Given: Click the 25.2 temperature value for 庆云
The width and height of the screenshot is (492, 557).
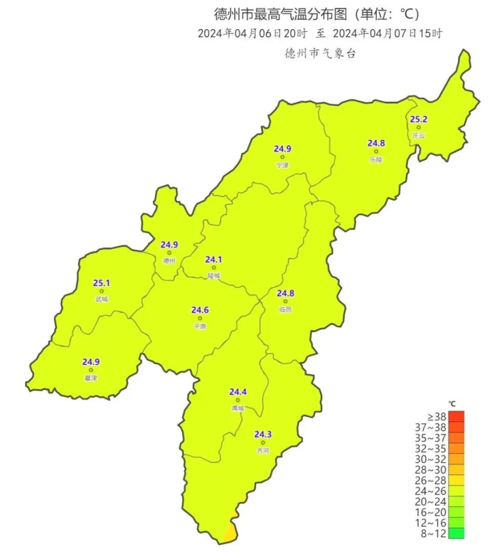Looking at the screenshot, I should pyautogui.click(x=419, y=119).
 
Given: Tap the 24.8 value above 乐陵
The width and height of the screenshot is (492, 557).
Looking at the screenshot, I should pyautogui.click(x=376, y=143).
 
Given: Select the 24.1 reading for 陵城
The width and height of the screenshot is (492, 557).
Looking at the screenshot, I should pyautogui.click(x=214, y=260).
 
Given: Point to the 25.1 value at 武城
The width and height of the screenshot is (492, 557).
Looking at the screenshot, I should pyautogui.click(x=101, y=283).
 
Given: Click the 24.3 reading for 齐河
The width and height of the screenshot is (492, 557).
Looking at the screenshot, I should pyautogui.click(x=263, y=435).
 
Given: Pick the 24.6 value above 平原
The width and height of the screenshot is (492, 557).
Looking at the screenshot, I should pyautogui.click(x=200, y=310).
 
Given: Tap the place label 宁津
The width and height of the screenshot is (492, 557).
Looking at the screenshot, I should pyautogui.click(x=282, y=166).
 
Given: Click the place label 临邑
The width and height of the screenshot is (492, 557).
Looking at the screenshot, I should pyautogui.click(x=285, y=310).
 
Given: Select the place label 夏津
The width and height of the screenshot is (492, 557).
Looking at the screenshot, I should pyautogui.click(x=91, y=378).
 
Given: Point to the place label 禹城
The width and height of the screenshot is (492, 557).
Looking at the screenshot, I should pyautogui.click(x=238, y=408).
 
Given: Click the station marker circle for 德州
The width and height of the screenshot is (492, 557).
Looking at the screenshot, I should pyautogui.click(x=169, y=253).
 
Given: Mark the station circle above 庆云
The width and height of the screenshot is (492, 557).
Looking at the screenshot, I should pyautogui.click(x=419, y=128).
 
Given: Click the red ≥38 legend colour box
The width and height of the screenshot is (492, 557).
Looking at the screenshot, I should pyautogui.click(x=456, y=417).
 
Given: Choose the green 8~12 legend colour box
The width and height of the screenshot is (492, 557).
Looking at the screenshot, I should pyautogui.click(x=456, y=533).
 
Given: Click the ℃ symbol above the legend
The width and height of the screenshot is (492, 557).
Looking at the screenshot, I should pyautogui.click(x=452, y=404).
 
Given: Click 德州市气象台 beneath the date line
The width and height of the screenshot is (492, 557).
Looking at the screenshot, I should pyautogui.click(x=320, y=53).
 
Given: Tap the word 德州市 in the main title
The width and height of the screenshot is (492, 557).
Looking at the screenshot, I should pyautogui.click(x=230, y=14).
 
